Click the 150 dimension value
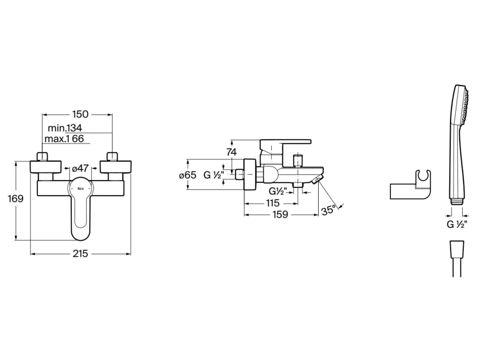tap(80, 114)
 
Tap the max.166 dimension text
tap(64, 139)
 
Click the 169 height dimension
tap(15, 199)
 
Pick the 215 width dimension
tap(80, 254)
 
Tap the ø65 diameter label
tap(187, 175)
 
